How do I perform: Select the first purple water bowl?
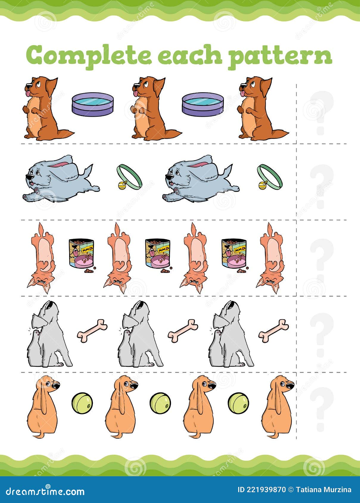tap(93, 104)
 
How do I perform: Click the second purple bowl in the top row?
tap(202, 104)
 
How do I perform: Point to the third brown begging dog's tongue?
tap(242, 94)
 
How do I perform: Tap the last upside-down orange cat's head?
tap(270, 281)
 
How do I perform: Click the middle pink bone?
tap(183, 331)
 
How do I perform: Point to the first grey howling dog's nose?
tap(53, 304)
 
